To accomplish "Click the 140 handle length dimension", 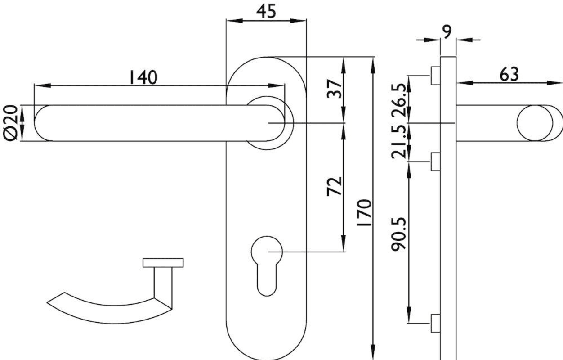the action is pyautogui.click(x=143, y=77).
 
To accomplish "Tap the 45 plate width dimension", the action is pyautogui.click(x=266, y=11).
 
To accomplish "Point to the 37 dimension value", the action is pyautogui.click(x=335, y=89).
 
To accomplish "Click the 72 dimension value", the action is pyautogui.click(x=335, y=186).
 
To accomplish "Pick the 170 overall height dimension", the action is pyautogui.click(x=364, y=212).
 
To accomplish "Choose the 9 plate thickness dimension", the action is pyautogui.click(x=447, y=31).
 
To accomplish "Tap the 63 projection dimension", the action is pyautogui.click(x=509, y=74).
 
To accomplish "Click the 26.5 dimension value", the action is pyautogui.click(x=399, y=101).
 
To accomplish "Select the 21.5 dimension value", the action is pyautogui.click(x=399, y=142).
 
